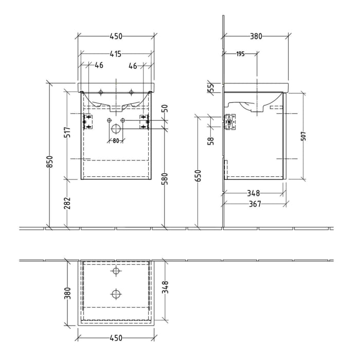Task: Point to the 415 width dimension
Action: [115, 53]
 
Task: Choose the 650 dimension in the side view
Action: [199, 176]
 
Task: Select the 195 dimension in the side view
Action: [240, 54]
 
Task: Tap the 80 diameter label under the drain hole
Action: [116, 140]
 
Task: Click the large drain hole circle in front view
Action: [116, 128]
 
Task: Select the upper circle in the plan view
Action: [116, 272]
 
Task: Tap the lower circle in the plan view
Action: [116, 294]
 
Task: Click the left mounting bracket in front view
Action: [87, 122]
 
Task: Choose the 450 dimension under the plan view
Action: [115, 338]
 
